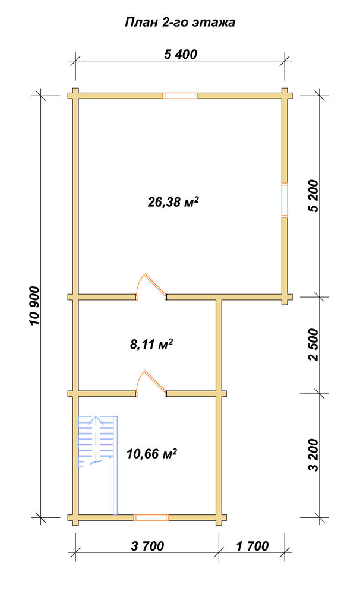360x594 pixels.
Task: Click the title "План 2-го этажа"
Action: (x=180, y=23)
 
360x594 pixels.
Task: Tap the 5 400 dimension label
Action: (x=181, y=54)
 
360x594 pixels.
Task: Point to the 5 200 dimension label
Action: (x=315, y=195)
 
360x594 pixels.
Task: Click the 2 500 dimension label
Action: (x=315, y=345)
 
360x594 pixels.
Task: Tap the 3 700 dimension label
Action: (x=148, y=546)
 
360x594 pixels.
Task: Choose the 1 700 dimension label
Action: (x=252, y=546)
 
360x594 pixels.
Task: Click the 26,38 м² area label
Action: (x=173, y=203)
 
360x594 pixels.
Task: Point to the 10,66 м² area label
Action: (x=152, y=453)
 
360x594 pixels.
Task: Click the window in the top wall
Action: (x=180, y=96)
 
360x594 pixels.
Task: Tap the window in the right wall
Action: (x=284, y=200)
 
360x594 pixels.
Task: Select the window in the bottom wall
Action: (x=151, y=517)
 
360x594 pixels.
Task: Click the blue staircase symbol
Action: (x=98, y=465)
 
